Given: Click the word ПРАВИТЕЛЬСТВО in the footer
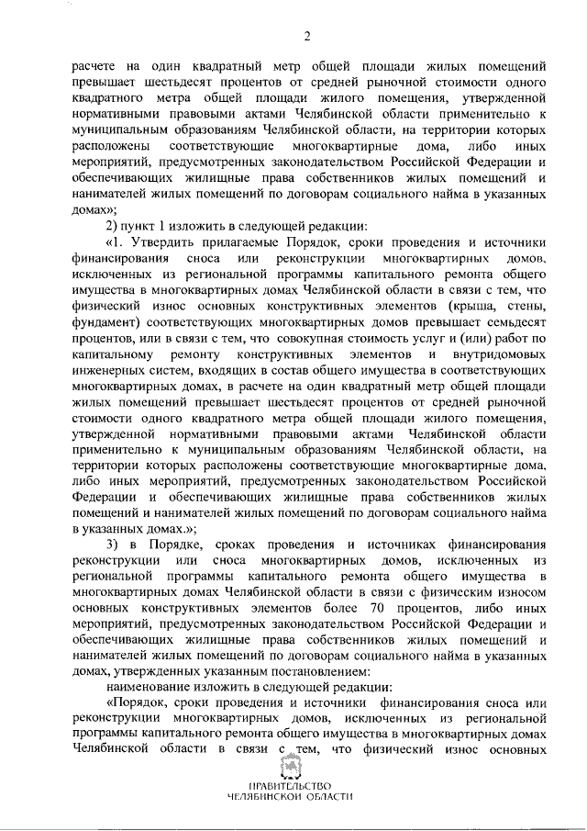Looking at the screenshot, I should coord(293,786).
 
